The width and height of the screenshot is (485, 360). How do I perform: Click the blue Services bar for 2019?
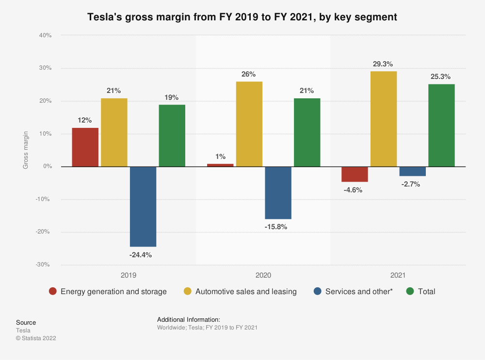[143, 206]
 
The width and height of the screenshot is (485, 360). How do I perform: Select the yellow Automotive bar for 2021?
[384, 119]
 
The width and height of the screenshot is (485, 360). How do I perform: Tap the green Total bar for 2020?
[307, 132]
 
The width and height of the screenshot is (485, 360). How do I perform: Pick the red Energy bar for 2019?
[85, 147]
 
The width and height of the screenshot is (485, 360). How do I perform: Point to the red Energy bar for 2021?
[355, 174]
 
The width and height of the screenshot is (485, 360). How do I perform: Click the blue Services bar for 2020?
[278, 193]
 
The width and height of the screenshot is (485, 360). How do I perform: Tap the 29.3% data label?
[383, 63]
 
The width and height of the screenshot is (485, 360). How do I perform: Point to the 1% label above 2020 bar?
[221, 157]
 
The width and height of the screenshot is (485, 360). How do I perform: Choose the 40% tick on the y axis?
[45, 35]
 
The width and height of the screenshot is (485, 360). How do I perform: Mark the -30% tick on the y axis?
[44, 265]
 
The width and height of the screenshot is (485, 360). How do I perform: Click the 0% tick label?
[47, 167]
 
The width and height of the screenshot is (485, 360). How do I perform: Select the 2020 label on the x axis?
[263, 275]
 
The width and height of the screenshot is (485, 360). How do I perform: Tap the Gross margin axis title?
[26, 150]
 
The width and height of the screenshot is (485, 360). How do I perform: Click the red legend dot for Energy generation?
[53, 291]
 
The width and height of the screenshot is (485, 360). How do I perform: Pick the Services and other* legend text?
[358, 291]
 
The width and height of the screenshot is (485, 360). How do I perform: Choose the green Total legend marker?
[410, 291]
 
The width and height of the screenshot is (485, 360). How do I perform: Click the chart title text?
[242, 17]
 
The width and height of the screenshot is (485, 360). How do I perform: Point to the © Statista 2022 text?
[36, 338]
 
